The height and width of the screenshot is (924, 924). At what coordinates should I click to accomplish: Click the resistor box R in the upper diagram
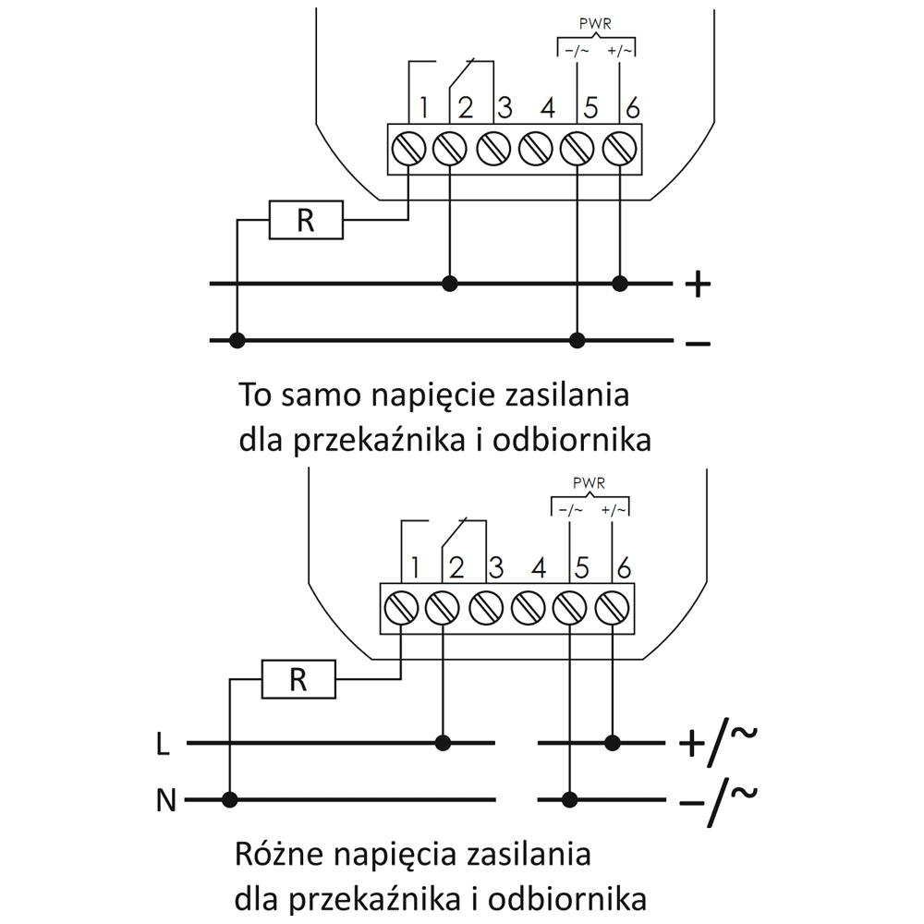pyautogui.click(x=306, y=220)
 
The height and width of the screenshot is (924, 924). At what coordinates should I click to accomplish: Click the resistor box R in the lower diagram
pyautogui.click(x=298, y=679)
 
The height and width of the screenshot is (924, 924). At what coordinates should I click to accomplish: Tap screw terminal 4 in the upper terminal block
pyautogui.click(x=535, y=149)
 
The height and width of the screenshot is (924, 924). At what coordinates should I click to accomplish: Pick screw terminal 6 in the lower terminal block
pyautogui.click(x=613, y=608)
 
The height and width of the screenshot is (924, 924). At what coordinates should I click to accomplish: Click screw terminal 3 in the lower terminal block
pyautogui.click(x=486, y=608)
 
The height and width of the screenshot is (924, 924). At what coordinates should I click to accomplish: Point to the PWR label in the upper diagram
pyautogui.click(x=595, y=24)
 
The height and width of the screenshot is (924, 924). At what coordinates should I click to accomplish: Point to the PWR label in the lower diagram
pyautogui.click(x=589, y=484)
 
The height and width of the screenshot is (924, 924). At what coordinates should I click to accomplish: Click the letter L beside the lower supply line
pyautogui.click(x=163, y=745)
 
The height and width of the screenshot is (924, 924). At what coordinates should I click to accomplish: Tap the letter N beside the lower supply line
pyautogui.click(x=166, y=800)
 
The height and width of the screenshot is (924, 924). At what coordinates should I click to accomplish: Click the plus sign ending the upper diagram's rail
pyautogui.click(x=699, y=285)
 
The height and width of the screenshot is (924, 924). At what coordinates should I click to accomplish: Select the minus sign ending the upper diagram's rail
pyautogui.click(x=699, y=343)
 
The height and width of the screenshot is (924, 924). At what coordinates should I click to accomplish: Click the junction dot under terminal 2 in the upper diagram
pyautogui.click(x=450, y=284)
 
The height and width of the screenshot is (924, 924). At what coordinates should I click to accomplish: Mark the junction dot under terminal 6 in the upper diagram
pyautogui.click(x=619, y=284)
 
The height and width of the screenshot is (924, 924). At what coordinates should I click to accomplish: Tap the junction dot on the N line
pyautogui.click(x=230, y=799)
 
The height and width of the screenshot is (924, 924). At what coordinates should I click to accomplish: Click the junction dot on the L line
pyautogui.click(x=443, y=743)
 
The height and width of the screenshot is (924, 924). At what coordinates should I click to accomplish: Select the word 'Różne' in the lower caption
pyautogui.click(x=274, y=854)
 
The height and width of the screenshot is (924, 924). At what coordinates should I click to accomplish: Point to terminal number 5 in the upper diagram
pyautogui.click(x=590, y=108)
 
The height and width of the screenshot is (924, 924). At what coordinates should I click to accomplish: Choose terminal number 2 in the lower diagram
pyautogui.click(x=456, y=568)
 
